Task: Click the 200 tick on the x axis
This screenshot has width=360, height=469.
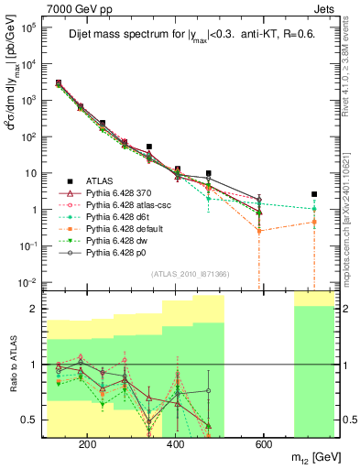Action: (88, 445)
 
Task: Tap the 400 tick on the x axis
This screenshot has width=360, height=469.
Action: (175, 445)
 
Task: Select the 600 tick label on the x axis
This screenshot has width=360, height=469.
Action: (263, 445)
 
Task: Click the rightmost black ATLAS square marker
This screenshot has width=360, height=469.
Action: (314, 194)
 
